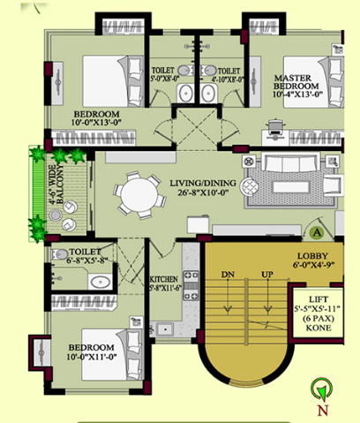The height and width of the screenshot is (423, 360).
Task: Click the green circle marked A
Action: (315, 231)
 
